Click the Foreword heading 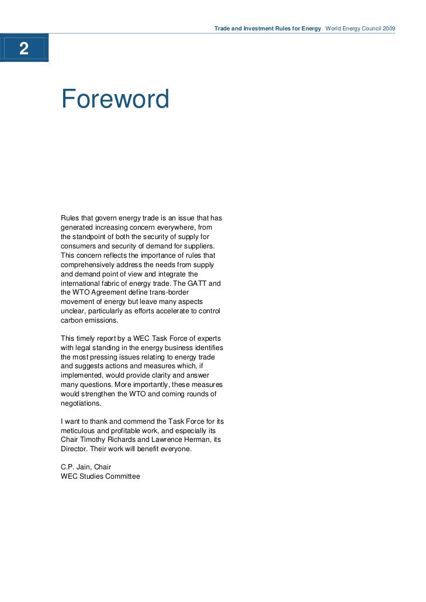115,99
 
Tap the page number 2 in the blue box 23,49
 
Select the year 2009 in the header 388,28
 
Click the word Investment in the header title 257,28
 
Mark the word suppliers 199,246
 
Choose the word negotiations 81,403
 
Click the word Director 74,449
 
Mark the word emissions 102,320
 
